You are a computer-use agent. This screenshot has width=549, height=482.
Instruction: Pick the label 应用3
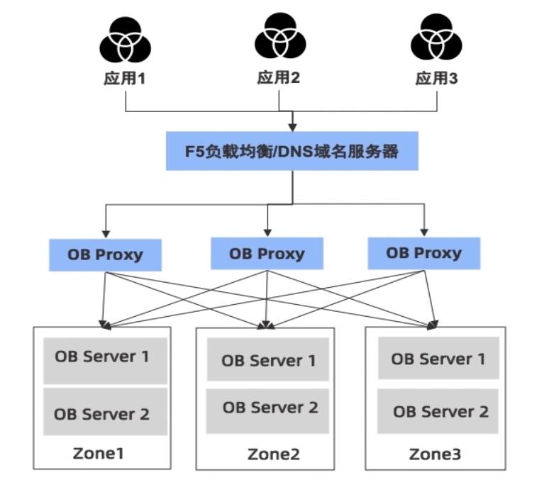tap(436, 78)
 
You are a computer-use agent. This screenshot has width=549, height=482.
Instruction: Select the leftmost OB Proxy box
tap(105, 254)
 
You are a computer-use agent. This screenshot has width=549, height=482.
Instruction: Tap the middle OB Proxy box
tap(267, 253)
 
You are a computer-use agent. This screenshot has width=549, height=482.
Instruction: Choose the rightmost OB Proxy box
tap(423, 253)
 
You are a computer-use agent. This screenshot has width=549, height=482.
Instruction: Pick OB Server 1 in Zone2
tap(268, 359)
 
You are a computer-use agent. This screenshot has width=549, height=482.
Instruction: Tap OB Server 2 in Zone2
tap(268, 408)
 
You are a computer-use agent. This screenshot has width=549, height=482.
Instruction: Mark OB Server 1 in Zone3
tap(438, 359)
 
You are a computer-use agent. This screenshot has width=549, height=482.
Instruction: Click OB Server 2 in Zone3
tap(438, 410)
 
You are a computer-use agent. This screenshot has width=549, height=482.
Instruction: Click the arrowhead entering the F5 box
tap(292, 128)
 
